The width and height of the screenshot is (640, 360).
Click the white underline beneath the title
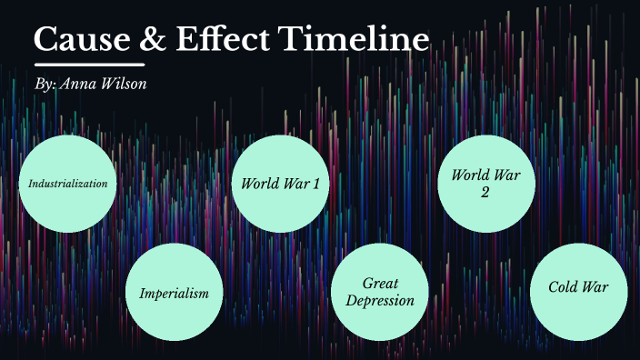click(90, 65)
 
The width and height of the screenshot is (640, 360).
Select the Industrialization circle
click(68, 184)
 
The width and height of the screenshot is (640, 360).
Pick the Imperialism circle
click(174, 293)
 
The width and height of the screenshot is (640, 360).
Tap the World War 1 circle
click(280, 184)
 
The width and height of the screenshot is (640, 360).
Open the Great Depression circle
click(381, 292)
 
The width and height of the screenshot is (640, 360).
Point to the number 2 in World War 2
click(486, 192)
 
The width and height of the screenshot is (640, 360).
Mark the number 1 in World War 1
click(316, 184)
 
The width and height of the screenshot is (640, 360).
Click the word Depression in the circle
click(381, 301)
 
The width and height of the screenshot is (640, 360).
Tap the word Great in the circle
click(381, 284)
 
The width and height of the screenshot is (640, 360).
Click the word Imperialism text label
click(174, 294)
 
